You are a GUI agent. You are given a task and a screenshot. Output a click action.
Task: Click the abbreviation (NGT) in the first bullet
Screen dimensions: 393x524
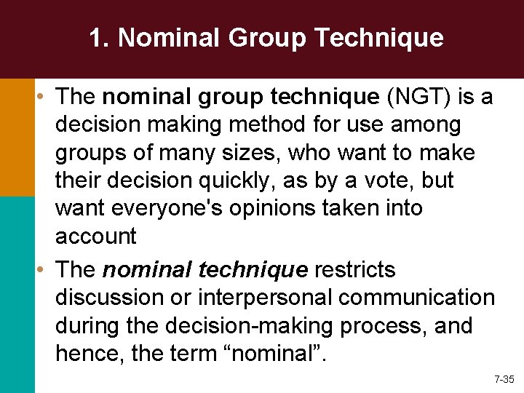(x=421, y=96)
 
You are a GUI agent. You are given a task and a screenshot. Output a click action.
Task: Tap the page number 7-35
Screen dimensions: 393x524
(x=504, y=379)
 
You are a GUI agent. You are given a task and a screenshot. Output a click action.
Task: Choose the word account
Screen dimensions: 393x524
(x=96, y=236)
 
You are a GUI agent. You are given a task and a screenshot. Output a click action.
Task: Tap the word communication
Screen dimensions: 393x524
(x=418, y=298)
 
